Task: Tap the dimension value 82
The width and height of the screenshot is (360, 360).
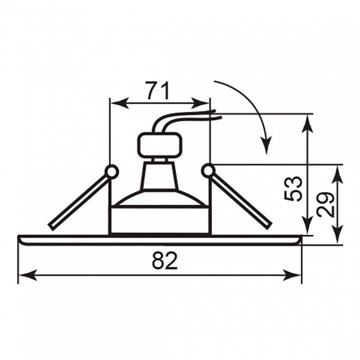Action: (x=165, y=261)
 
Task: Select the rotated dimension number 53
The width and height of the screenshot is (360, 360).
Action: (x=292, y=188)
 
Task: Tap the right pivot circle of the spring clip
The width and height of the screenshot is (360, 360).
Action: (x=208, y=170)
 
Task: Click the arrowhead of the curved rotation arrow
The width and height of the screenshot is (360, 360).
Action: (x=266, y=145)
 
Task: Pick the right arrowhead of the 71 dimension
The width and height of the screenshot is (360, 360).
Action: (x=200, y=103)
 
